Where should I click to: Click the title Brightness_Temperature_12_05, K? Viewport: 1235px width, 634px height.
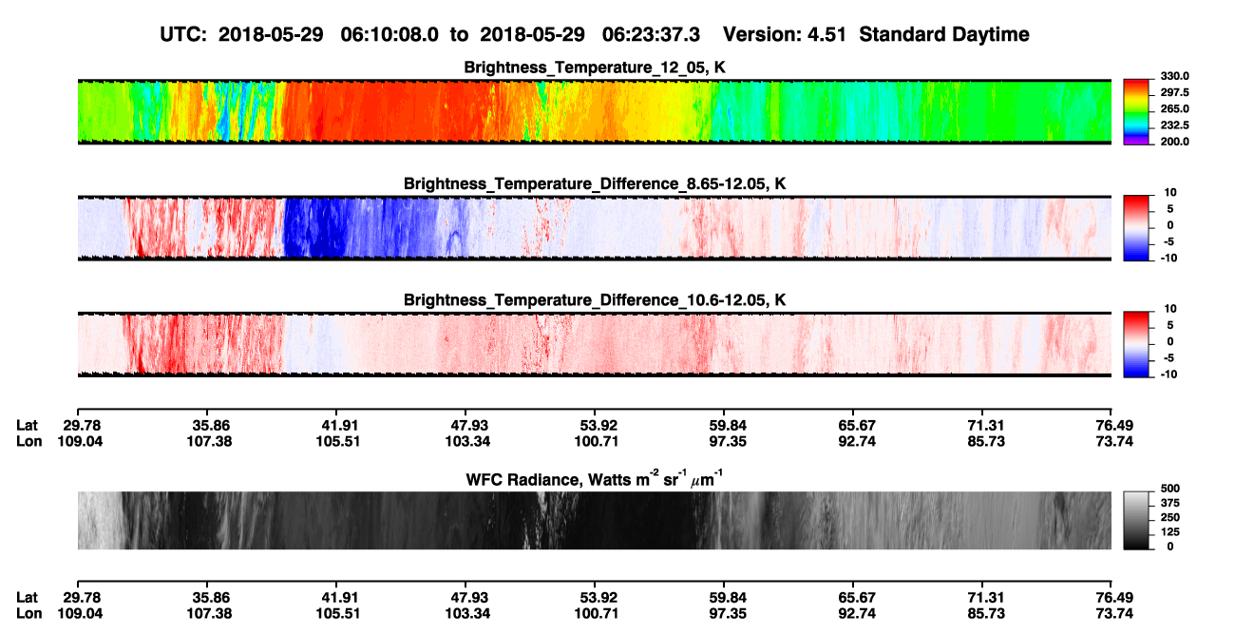[595, 67]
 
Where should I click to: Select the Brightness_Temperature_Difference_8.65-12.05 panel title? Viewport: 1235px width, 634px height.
[595, 183]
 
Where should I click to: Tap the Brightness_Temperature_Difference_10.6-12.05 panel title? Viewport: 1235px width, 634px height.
[595, 300]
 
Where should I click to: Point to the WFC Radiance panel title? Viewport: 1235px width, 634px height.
[595, 478]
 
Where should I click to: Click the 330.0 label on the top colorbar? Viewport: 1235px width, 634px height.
[1174, 76]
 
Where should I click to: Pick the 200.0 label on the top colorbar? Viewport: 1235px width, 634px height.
[1174, 142]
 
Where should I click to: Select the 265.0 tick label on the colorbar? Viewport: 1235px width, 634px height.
[1174, 109]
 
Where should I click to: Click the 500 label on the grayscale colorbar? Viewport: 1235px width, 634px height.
[1170, 489]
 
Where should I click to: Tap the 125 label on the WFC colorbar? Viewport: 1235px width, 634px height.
[1170, 532]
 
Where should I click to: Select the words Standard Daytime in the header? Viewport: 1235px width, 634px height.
[944, 34]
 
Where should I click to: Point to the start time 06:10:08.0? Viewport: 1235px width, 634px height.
[389, 34]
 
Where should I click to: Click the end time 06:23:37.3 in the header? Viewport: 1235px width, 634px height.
[651, 34]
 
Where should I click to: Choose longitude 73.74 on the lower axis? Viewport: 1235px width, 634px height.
[1114, 614]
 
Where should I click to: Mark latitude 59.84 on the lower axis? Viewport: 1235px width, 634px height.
[728, 598]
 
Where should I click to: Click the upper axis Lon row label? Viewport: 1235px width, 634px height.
[28, 441]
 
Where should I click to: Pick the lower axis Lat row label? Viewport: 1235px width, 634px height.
[27, 598]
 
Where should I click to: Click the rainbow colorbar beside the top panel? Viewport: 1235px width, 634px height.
[1136, 112]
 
